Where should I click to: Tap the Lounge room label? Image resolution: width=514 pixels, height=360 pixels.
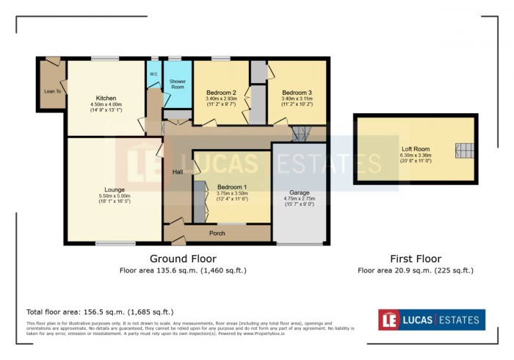[x=114, y=189]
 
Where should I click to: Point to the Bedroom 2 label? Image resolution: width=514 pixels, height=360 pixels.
[x=220, y=93]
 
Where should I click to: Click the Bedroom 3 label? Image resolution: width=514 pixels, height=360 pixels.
[x=297, y=93]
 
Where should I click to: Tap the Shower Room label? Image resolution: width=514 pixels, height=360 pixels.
[x=178, y=84]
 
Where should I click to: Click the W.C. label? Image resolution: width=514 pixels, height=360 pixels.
[x=154, y=73]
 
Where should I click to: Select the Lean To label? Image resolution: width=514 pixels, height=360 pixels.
[x=52, y=91]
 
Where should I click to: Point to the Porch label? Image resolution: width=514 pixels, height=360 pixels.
[x=217, y=234]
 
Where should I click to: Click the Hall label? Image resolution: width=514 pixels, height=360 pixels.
[x=178, y=172]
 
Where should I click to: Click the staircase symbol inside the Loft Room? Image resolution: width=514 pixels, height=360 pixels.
[x=463, y=151]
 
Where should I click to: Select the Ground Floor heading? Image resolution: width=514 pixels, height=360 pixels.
[x=183, y=259]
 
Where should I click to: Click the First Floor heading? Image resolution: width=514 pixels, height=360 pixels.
[x=415, y=259]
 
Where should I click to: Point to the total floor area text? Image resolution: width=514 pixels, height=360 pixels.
[x=100, y=312]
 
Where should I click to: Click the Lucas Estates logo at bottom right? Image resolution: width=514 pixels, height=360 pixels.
[x=431, y=320]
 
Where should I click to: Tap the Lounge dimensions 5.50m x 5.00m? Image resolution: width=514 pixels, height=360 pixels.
[x=114, y=196]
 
